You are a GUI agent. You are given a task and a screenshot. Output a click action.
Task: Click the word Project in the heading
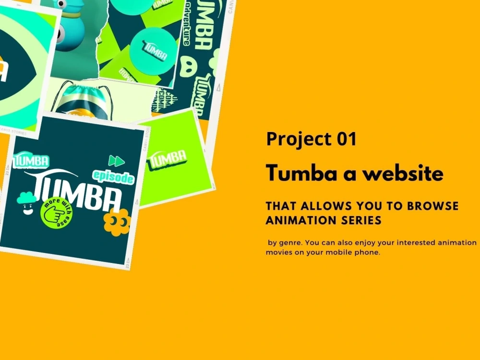[294, 139]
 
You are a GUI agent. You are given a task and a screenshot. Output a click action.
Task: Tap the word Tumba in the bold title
[295, 173]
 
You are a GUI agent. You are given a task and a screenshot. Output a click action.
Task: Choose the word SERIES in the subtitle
[362, 220]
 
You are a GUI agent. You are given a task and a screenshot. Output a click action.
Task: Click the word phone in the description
[370, 252]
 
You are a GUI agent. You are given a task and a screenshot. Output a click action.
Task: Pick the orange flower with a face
[117, 221]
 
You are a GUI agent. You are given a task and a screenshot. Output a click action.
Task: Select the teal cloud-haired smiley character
[26, 203]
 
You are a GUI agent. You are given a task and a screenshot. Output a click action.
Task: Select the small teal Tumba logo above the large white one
[33, 160]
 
